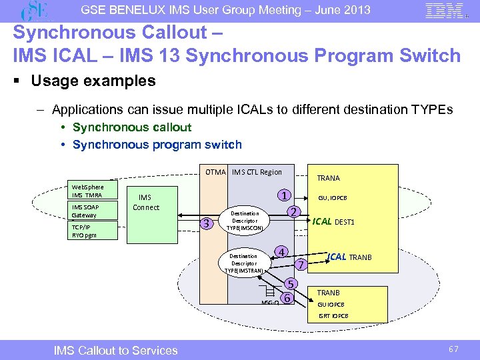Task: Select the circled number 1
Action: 284,196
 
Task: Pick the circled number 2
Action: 291,211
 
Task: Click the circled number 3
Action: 208,223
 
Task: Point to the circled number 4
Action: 283,252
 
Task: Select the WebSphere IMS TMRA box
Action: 87,191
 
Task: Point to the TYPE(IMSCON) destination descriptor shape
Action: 245,221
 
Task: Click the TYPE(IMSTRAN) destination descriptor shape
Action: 245,263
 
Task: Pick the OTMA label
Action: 215,172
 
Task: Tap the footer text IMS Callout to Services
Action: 116,350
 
